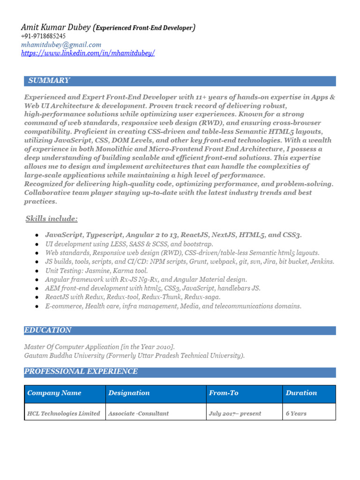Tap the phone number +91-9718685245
[43, 36]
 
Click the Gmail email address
[61, 45]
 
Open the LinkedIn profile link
[88, 53]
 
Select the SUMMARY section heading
[49, 81]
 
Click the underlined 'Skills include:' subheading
[52, 219]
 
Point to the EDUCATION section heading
[48, 330]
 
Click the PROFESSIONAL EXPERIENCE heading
[81, 371]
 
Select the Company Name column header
[54, 393]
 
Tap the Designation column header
[129, 393]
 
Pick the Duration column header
[301, 393]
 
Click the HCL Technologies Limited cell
[64, 413]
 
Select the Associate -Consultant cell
[138, 413]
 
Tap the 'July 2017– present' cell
[235, 413]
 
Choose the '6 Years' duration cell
[296, 413]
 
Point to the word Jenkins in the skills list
[322, 262]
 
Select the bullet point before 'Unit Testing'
[37, 271]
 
